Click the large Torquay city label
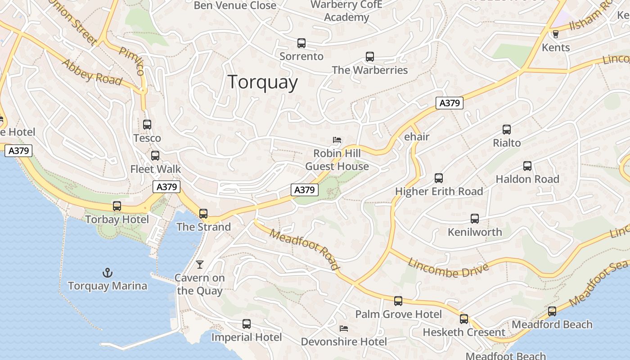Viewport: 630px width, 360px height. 263,82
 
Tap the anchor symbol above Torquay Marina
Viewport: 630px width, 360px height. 108,272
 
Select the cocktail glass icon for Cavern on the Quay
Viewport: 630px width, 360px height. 200,264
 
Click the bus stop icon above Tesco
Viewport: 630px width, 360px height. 147,125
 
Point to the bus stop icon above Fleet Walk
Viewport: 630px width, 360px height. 155,156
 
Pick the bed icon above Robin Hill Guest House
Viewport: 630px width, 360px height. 337,140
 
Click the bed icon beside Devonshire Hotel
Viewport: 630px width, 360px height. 344,328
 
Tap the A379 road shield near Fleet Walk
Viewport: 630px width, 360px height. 166,187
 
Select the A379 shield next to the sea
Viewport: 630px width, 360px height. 19,150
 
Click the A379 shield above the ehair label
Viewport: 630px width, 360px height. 449,103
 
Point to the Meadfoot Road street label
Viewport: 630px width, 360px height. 305,248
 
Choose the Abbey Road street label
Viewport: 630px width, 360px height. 92,72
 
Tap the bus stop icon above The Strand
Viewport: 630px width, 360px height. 203,213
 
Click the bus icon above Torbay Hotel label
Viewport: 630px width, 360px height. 117,206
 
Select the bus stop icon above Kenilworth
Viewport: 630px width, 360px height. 475,219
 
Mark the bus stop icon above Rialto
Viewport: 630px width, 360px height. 507,130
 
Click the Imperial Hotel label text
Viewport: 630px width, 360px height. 247,337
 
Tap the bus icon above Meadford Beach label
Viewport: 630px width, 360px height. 552,311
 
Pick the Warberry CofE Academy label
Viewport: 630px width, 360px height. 346,11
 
